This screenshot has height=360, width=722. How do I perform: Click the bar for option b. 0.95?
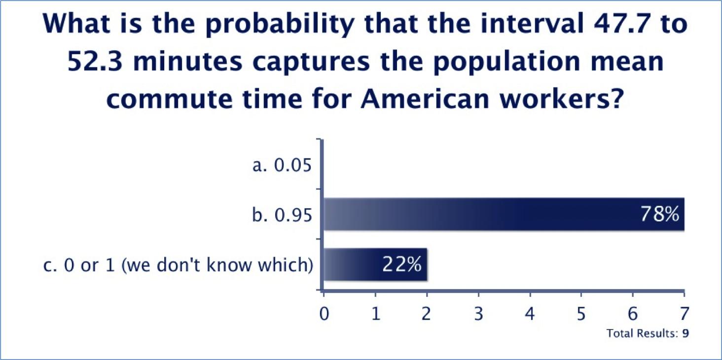(x=504, y=215)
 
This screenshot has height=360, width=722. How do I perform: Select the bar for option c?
(x=375, y=265)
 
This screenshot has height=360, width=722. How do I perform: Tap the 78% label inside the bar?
(x=659, y=215)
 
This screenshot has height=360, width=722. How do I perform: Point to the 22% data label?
(x=402, y=265)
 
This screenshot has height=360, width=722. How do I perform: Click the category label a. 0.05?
(x=282, y=165)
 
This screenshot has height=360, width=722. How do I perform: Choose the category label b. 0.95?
(x=282, y=215)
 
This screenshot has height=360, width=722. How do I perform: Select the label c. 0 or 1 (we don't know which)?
(x=178, y=265)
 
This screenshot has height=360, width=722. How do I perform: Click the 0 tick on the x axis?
(x=324, y=314)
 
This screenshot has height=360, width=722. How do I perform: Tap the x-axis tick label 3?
(x=479, y=314)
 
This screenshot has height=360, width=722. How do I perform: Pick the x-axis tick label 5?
(x=581, y=314)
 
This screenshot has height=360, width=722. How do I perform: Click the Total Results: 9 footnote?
(x=648, y=333)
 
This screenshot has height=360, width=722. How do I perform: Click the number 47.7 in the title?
(x=623, y=24)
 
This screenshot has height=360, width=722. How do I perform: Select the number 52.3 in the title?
(x=95, y=61)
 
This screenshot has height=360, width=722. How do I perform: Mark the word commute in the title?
(x=170, y=99)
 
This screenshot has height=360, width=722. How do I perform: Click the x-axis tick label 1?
(x=376, y=314)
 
